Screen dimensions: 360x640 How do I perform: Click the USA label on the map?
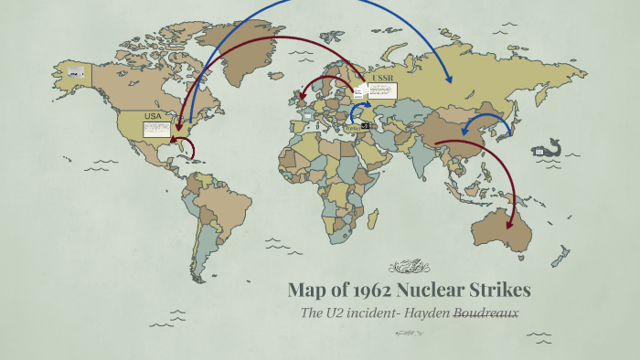coord(152,116)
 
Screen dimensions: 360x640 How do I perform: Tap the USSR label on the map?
coord(384,79)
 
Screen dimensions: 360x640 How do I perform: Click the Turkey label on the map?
coord(352,129)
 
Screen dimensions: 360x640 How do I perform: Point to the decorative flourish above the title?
coord(409,267)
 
